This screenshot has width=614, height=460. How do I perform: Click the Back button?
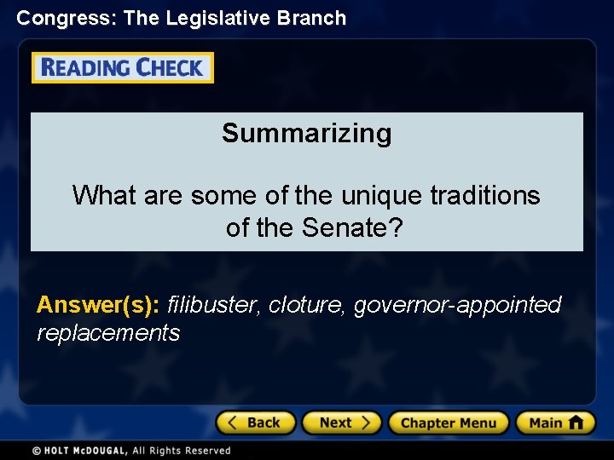(255, 423)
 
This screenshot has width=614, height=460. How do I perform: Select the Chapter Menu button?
(448, 423)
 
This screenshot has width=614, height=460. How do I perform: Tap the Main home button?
(554, 423)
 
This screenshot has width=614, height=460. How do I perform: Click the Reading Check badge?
(123, 68)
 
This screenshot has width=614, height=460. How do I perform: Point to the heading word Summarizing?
(307, 133)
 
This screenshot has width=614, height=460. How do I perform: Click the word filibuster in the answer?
(214, 304)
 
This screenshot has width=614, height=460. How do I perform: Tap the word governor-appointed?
(458, 304)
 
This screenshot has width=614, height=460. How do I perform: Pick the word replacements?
(108, 332)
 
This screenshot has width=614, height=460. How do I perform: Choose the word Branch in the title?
(316, 18)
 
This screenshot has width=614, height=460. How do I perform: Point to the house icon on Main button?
(576, 422)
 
